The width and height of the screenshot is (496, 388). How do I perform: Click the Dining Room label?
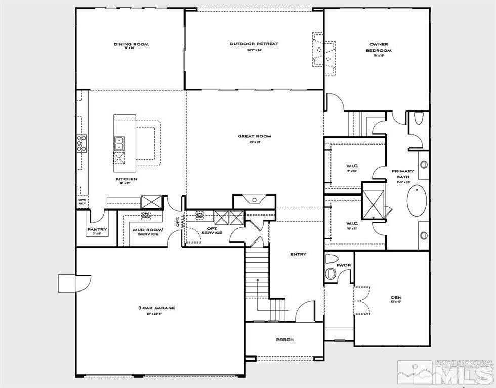[131, 44]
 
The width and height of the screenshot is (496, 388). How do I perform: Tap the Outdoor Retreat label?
[254, 44]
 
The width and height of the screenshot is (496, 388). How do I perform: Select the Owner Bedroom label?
[379, 47]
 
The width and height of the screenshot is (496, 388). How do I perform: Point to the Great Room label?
[255, 136]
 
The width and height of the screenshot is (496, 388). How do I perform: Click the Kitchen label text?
[126, 179]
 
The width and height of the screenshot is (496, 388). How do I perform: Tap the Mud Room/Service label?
[148, 232]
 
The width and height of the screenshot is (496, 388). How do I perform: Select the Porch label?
[284, 339]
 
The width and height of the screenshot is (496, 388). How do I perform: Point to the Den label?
[396, 297]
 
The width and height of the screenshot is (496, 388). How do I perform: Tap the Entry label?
[298, 254]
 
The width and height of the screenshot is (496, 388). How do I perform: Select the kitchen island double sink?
[119, 143]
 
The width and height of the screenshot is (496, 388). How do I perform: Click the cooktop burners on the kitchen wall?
[81, 143]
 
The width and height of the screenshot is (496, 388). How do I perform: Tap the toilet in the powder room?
[331, 267]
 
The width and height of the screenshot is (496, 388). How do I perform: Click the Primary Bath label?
[403, 174]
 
